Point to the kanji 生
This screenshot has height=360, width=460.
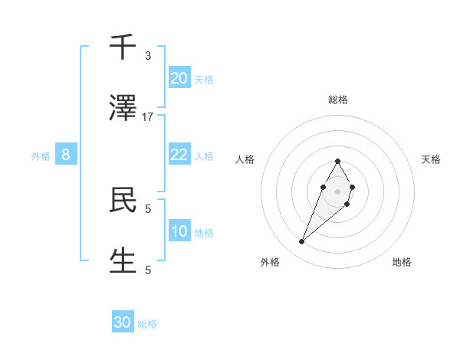(x=123, y=260)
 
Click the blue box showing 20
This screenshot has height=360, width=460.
(x=179, y=78)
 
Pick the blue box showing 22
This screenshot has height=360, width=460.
(x=179, y=155)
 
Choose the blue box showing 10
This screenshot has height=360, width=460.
(x=179, y=231)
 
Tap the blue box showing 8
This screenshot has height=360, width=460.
(x=66, y=155)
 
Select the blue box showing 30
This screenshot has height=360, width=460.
(x=123, y=322)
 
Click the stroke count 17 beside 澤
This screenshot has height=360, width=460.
(x=148, y=116)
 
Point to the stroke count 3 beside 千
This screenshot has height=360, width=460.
(x=148, y=56)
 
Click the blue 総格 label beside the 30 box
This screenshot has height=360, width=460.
(x=147, y=324)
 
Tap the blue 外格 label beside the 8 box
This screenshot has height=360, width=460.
(x=41, y=156)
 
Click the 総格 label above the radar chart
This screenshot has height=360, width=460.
(x=338, y=100)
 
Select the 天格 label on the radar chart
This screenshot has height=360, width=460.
(x=432, y=159)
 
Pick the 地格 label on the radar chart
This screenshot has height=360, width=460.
(x=402, y=262)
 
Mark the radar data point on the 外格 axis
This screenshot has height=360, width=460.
(x=302, y=242)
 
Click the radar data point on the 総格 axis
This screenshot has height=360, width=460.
(x=337, y=161)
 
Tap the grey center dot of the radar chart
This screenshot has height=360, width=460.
(x=337, y=190)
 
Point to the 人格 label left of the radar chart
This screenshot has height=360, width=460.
(x=245, y=159)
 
